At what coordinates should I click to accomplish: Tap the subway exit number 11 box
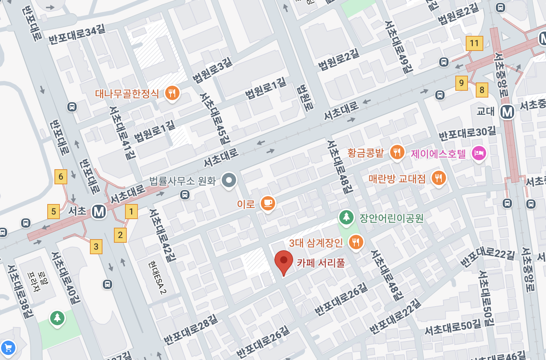click(x=474, y=43)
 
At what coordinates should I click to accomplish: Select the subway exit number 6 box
click(x=61, y=176)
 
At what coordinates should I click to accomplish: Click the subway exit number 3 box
click(x=96, y=247)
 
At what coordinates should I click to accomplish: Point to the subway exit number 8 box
click(x=482, y=90)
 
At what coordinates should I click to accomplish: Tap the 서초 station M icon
click(x=99, y=212)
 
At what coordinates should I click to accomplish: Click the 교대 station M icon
click(x=507, y=112)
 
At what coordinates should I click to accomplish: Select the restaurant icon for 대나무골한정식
click(x=172, y=93)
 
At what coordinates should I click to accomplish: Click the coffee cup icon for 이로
click(x=268, y=203)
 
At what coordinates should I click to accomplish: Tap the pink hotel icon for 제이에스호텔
click(x=479, y=153)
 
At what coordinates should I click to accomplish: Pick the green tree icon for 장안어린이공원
click(x=346, y=217)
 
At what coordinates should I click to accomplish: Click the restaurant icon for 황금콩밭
click(x=397, y=152)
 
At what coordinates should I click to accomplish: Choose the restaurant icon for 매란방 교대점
click(x=439, y=178)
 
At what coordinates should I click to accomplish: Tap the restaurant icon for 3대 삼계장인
click(x=356, y=242)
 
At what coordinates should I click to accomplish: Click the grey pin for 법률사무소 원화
click(x=229, y=180)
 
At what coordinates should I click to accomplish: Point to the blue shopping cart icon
click(x=8, y=347)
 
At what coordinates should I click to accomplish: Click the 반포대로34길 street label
click(x=77, y=34)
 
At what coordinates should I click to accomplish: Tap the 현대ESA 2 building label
click(x=158, y=277)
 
